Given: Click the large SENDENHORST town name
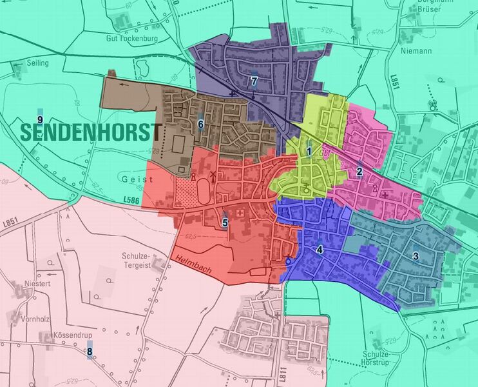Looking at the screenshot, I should point(90,132).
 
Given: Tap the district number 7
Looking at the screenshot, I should point(254,81).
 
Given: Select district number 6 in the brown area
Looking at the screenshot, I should point(201,124).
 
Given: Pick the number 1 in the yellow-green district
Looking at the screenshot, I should point(310,152).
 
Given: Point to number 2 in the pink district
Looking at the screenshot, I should point(359,172).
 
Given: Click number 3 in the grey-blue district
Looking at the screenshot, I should point(416,256).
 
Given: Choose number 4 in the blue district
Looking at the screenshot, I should point(320,249).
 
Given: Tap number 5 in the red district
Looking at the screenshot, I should point(225,223).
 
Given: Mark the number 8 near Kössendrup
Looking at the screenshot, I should point(90,352).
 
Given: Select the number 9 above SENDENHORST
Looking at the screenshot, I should point(40,120).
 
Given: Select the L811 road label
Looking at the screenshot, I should point(282,373).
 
